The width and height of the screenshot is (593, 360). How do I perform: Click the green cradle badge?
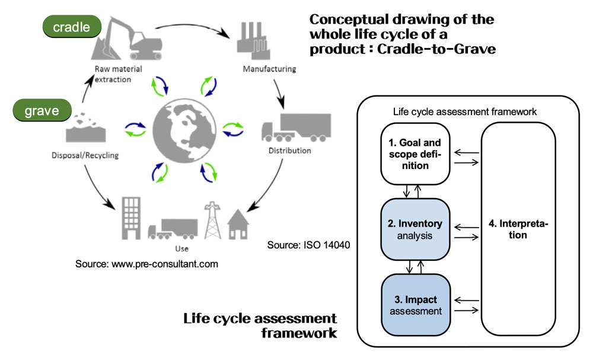click(72, 27)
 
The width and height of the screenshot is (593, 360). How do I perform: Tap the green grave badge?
click(42, 110)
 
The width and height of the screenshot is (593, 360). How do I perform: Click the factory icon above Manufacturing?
click(253, 40)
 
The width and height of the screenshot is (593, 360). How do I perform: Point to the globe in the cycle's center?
click(184, 131)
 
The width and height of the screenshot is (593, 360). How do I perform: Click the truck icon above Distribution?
click(296, 128)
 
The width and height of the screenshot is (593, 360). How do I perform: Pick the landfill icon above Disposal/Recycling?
click(86, 128)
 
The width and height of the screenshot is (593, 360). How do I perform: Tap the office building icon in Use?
click(131, 218)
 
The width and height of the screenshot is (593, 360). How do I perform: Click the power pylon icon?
click(212, 220)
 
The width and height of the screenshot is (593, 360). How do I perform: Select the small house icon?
click(238, 225)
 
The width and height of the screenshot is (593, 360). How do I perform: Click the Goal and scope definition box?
click(415, 154)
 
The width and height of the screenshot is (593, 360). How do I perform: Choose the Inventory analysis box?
click(415, 229)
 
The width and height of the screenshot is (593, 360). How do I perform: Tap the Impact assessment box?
click(416, 305)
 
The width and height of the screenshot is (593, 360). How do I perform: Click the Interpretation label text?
click(518, 229)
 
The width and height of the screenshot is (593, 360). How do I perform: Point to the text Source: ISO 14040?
click(308, 245)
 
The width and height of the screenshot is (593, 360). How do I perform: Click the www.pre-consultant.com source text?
click(146, 264)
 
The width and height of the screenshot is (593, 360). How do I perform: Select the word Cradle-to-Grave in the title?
click(436, 49)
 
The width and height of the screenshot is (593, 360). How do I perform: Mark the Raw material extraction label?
click(118, 74)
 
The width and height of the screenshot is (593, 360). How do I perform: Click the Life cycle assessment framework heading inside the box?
click(465, 112)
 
